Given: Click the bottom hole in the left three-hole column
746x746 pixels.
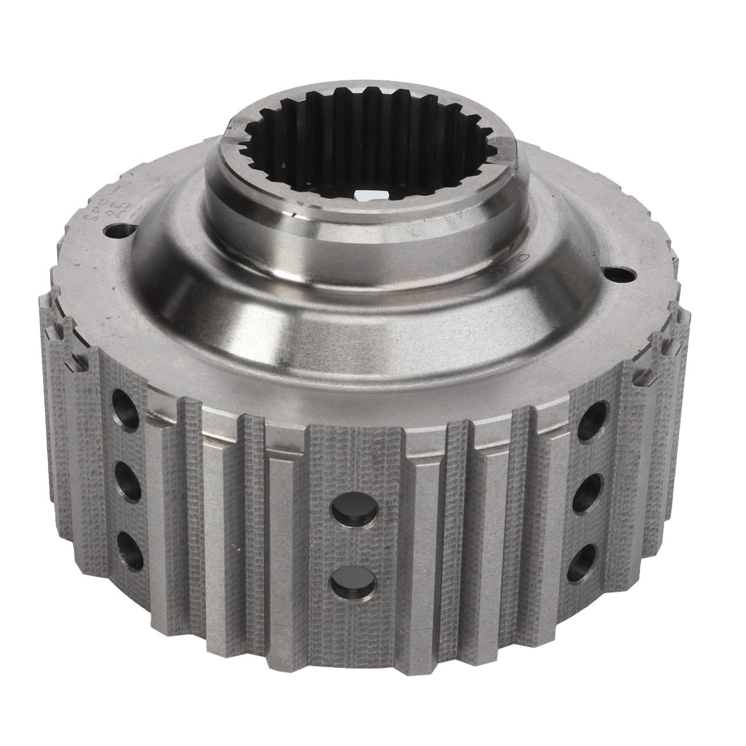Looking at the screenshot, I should pos(132,541).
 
